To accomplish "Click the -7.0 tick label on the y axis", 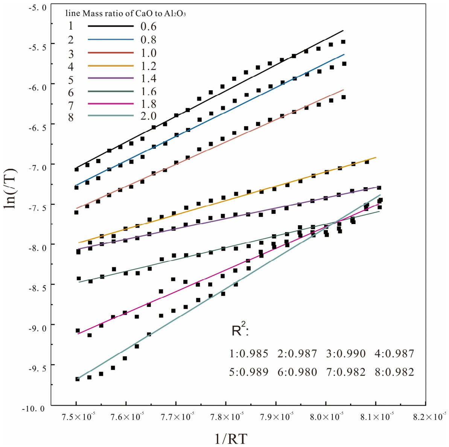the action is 37,168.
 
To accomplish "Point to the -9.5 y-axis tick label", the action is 37,368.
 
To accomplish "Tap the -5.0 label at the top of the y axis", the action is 37,8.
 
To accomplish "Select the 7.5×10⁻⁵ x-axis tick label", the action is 78,417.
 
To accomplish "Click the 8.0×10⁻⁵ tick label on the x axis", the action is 327,417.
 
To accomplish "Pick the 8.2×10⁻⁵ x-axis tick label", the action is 429,417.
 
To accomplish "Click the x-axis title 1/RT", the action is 231,438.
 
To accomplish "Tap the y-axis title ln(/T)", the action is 11,189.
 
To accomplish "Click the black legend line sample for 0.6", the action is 111,26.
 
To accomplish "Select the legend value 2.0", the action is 148,116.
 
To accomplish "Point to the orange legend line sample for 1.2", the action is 111,66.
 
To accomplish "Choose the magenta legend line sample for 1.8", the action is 111,103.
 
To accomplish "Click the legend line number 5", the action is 71,80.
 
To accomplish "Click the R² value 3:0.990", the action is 346,354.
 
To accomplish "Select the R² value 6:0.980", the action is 297,372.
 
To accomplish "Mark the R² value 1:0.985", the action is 248,354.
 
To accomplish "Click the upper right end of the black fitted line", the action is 343,30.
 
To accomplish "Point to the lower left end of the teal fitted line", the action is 77,379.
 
